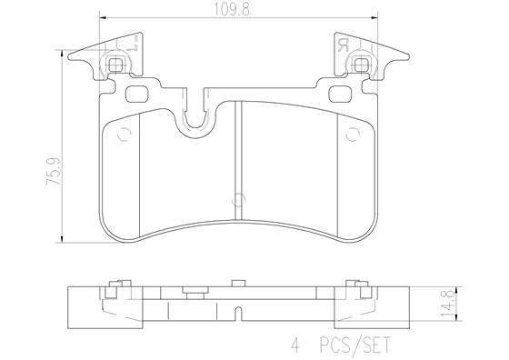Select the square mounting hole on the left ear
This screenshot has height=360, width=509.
click(117, 65)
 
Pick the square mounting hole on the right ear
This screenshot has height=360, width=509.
click(362, 65)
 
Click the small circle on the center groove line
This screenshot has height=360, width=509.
click(238, 200)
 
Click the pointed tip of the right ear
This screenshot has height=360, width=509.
click(408, 58)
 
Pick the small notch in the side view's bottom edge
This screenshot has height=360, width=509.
click(238, 319)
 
